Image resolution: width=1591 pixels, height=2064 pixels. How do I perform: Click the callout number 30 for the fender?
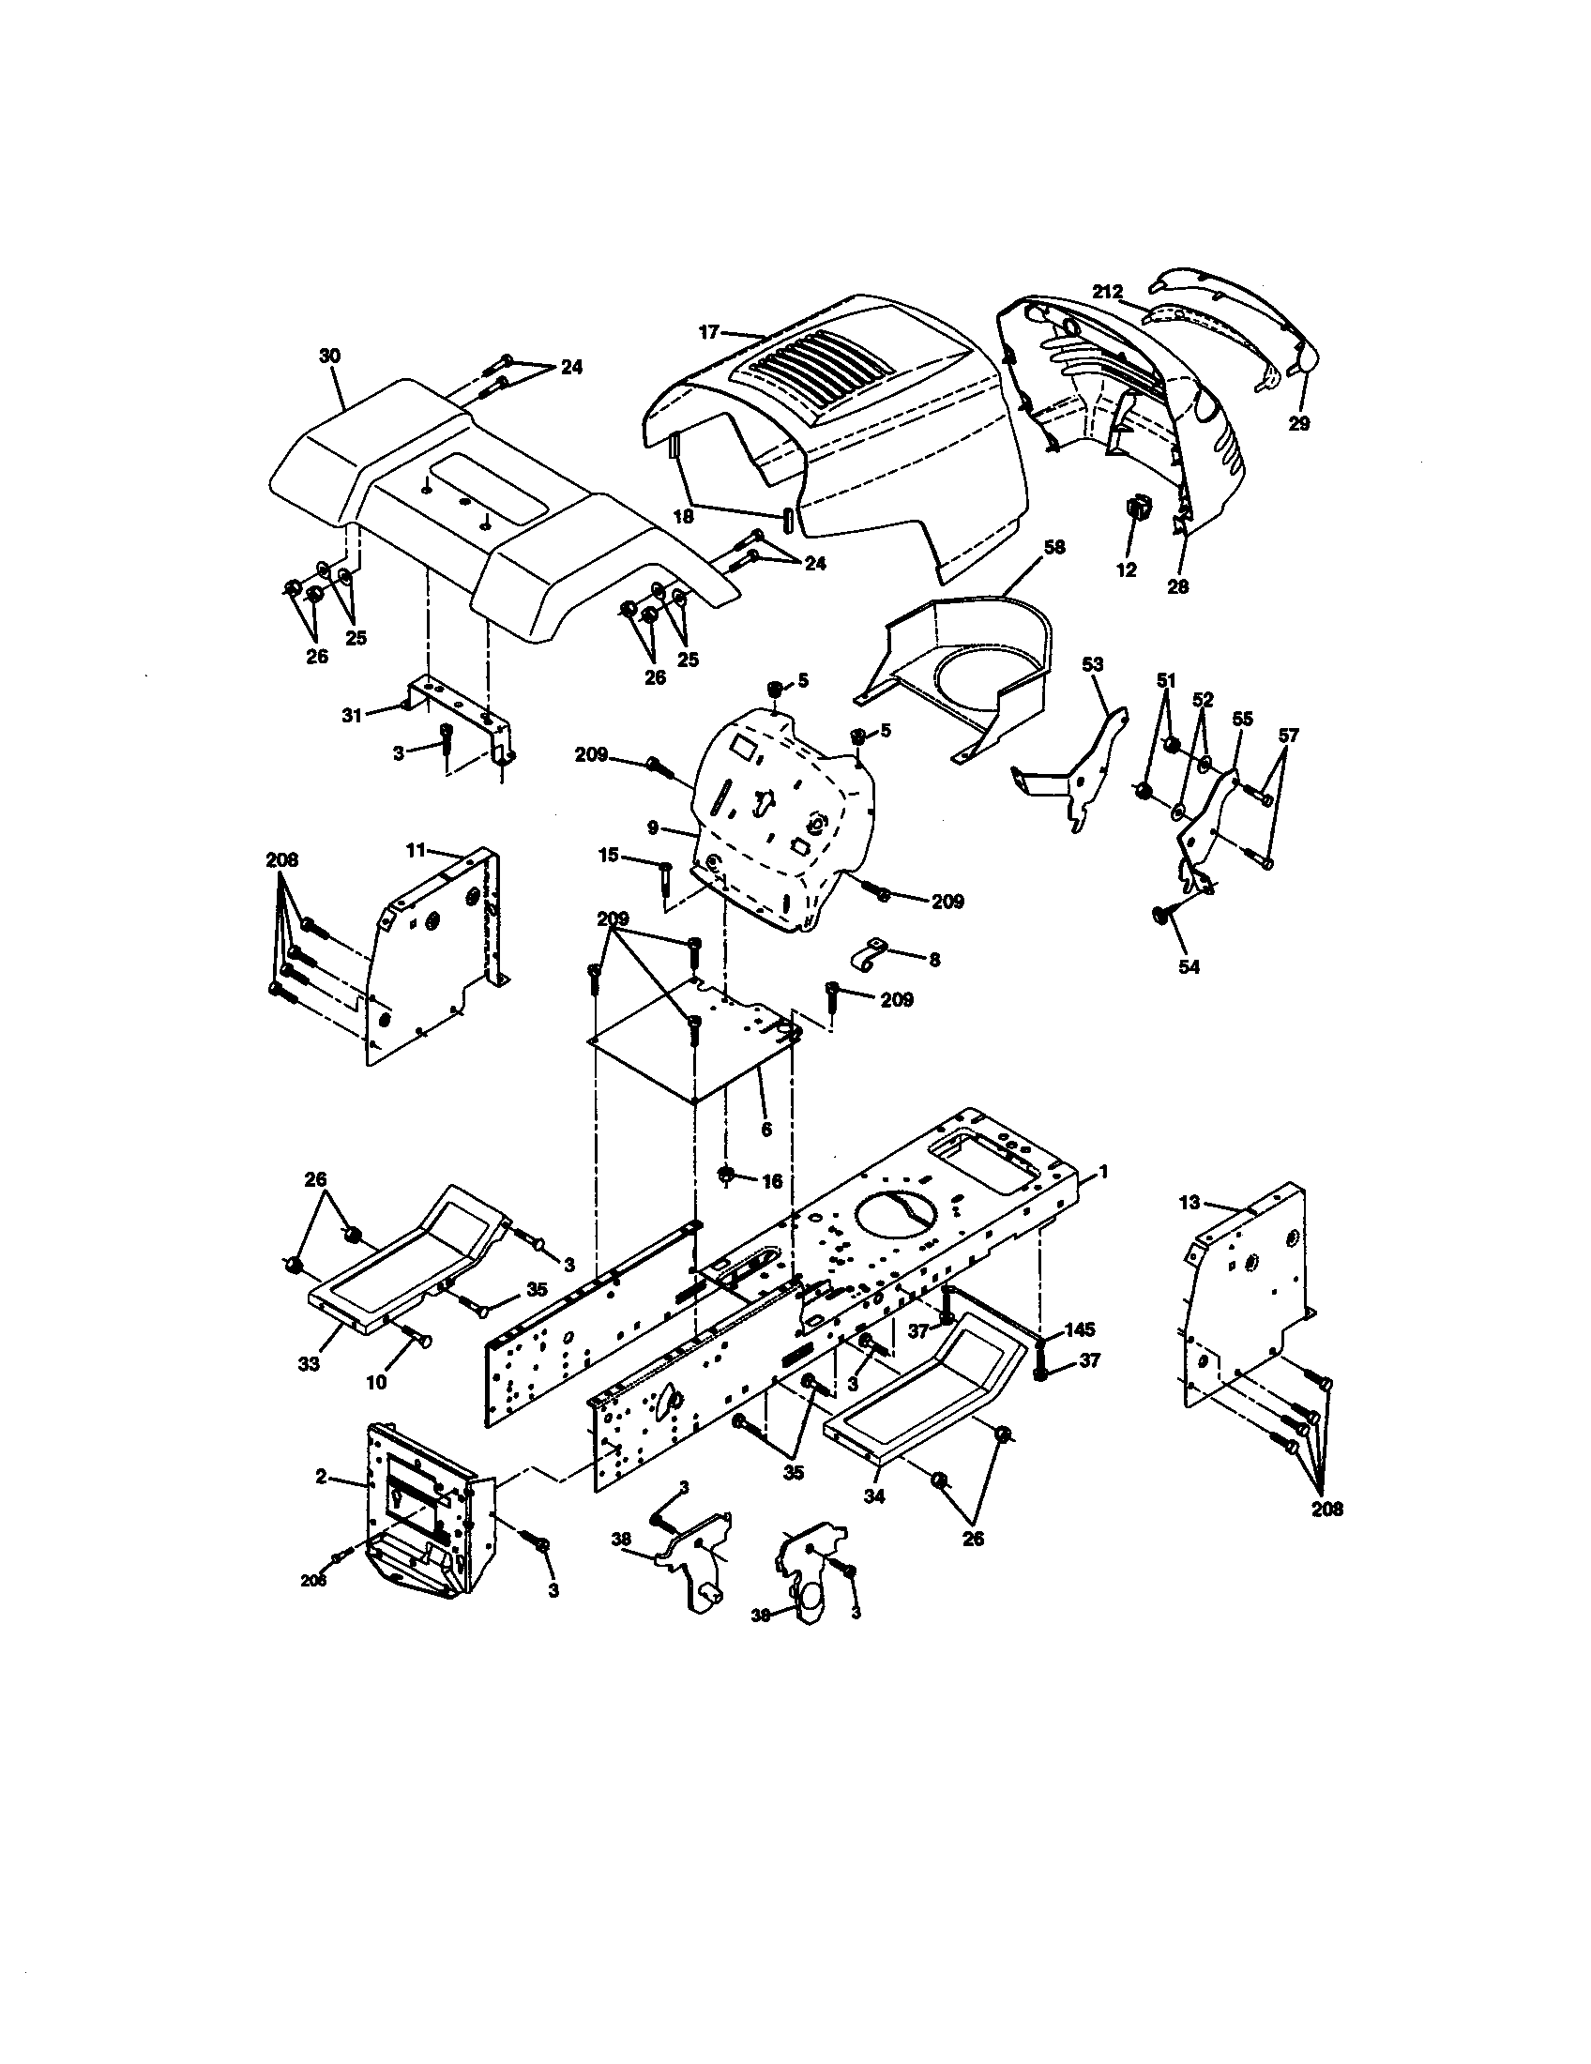329,357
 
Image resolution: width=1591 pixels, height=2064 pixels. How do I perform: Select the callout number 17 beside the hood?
709,332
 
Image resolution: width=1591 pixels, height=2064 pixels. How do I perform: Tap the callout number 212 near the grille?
1108,292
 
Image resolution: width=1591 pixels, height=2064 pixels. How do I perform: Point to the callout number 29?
1299,423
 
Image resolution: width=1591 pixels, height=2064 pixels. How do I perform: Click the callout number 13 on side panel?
1189,1202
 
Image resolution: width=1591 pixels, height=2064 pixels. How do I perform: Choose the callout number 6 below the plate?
765,1130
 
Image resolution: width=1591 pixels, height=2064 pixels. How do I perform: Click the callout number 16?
771,1181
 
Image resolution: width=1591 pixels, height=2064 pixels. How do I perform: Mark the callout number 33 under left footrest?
309,1364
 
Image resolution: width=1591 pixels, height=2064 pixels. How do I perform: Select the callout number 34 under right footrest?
874,1497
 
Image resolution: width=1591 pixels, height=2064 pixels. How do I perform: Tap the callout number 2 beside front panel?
321,1477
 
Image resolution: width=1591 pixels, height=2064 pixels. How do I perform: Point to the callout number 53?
1092,664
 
